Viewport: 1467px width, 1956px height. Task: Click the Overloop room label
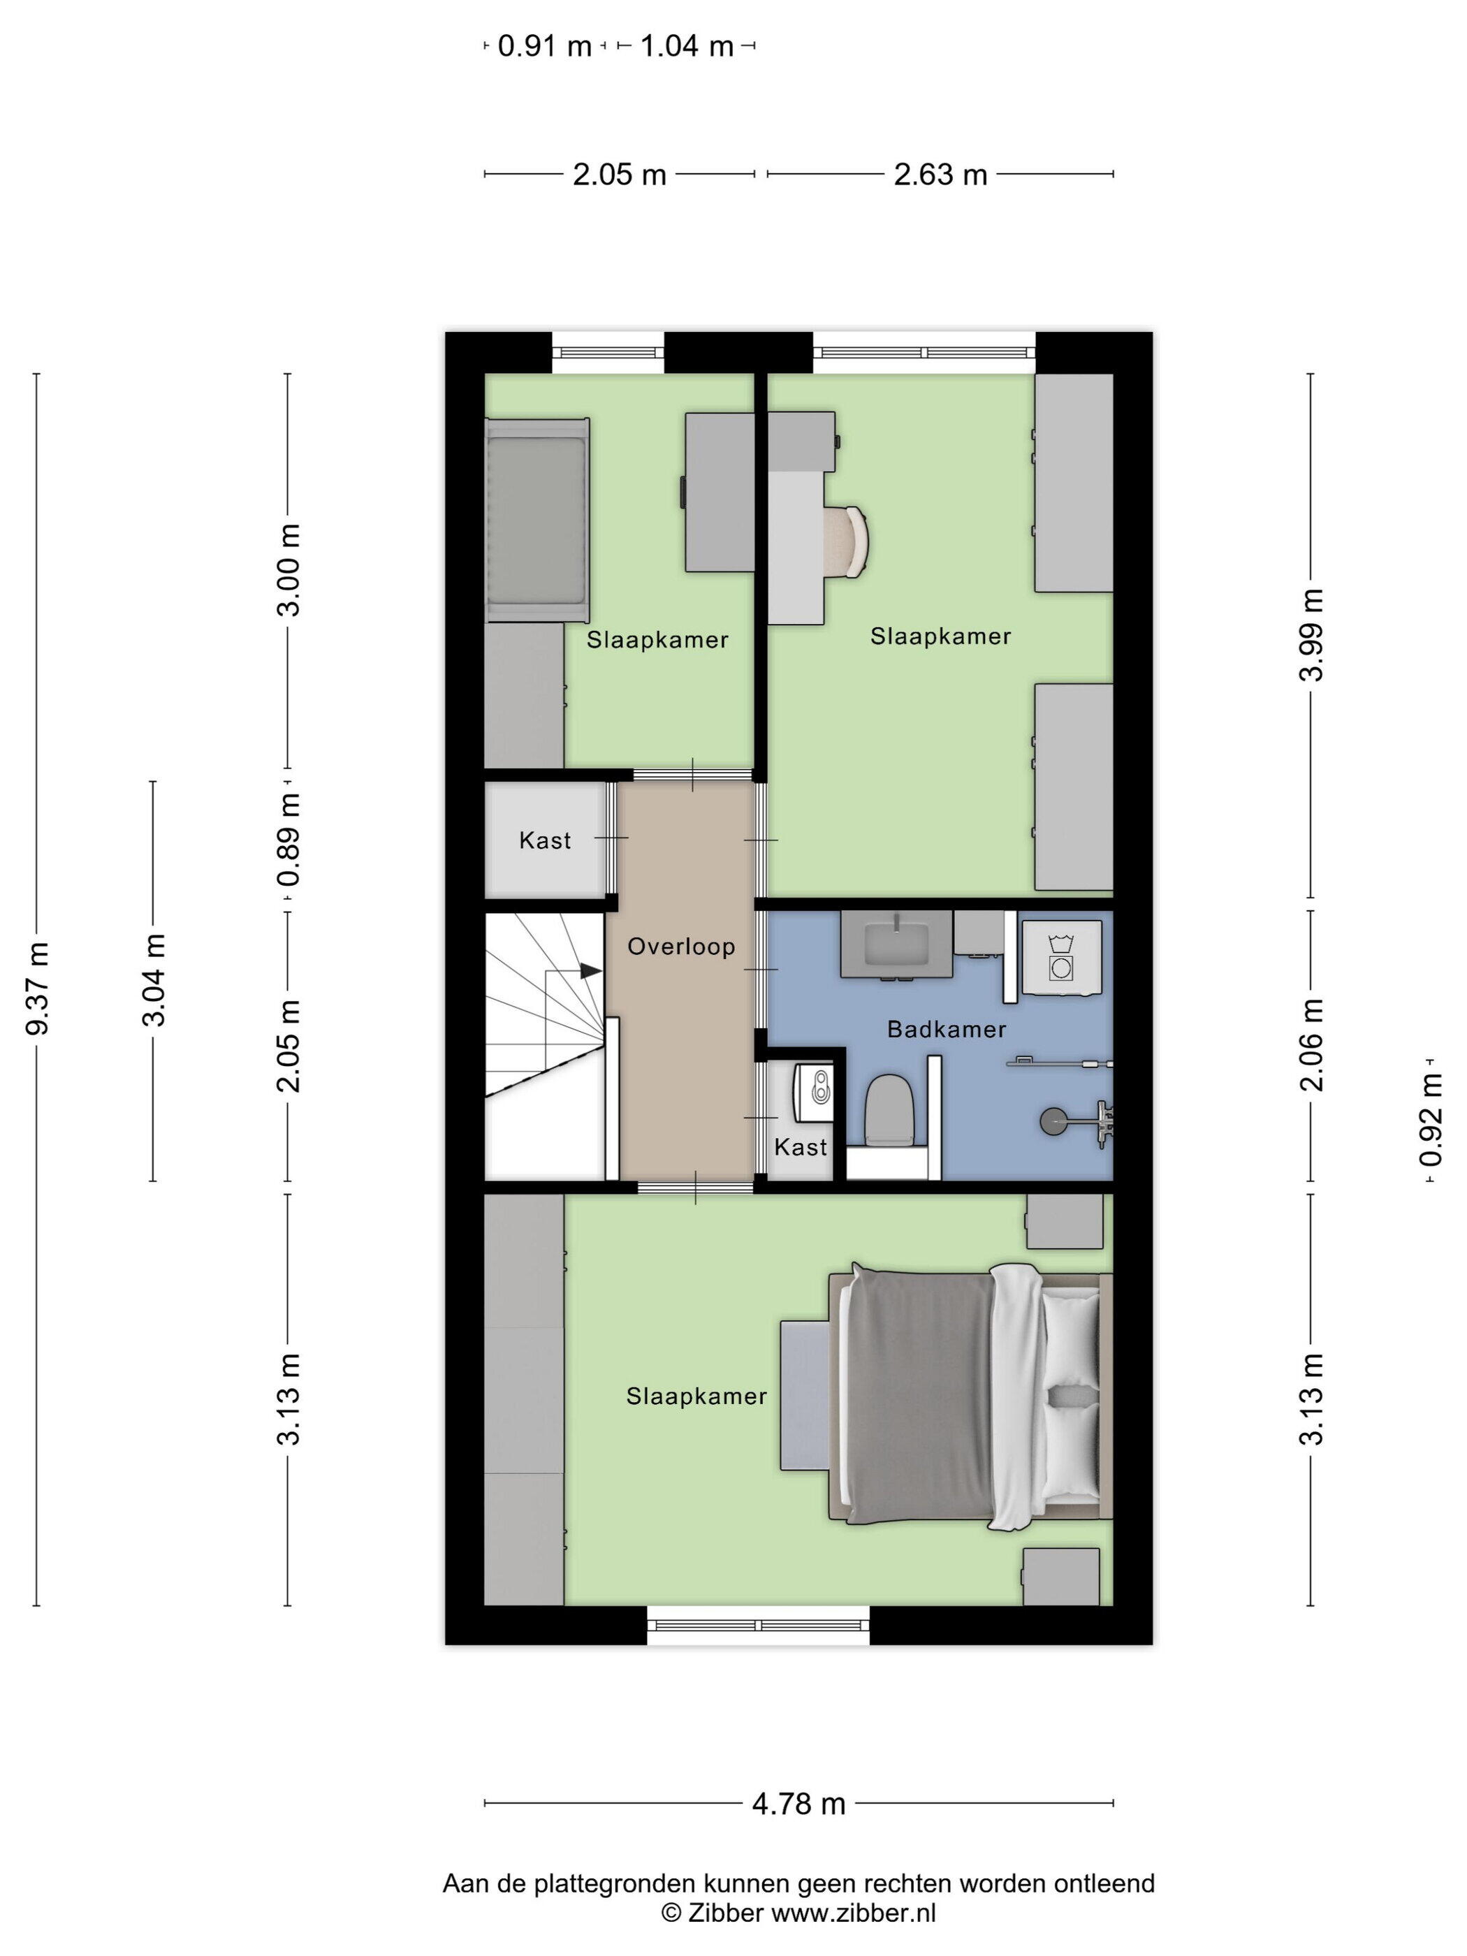681,947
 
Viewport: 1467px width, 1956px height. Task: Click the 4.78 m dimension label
798,1804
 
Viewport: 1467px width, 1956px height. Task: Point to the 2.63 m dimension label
940,175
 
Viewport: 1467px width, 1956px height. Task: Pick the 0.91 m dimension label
545,46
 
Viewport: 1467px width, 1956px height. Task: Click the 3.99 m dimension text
1311,635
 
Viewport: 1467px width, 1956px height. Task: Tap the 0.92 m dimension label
1431,1121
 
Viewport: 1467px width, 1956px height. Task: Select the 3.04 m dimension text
154,980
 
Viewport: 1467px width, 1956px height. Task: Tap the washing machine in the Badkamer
1061,958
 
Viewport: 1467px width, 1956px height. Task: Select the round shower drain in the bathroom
1052,1121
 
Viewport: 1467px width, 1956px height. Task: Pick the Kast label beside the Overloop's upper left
545,840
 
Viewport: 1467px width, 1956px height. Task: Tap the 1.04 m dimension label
687,46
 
